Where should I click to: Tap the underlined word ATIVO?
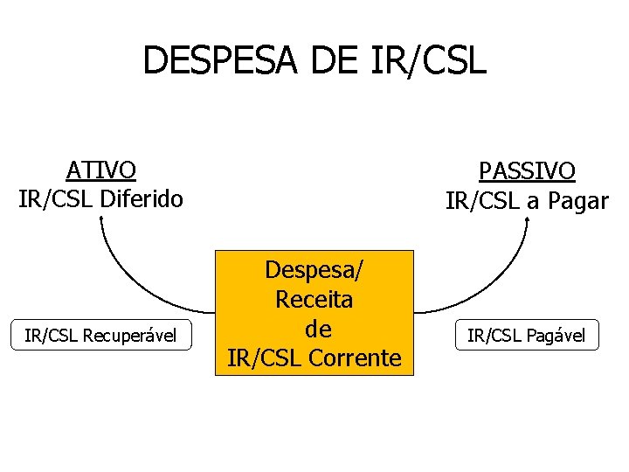tap(101, 169)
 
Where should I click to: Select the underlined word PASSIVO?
tap(527, 170)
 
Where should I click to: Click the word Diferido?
tap(141, 198)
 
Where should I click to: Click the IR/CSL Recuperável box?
tap(100, 335)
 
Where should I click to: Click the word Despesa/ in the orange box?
tap(314, 270)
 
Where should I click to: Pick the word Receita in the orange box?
tap(314, 300)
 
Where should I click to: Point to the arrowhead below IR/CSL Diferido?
tap(101, 221)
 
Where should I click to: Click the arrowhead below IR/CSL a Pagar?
tap(527, 222)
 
